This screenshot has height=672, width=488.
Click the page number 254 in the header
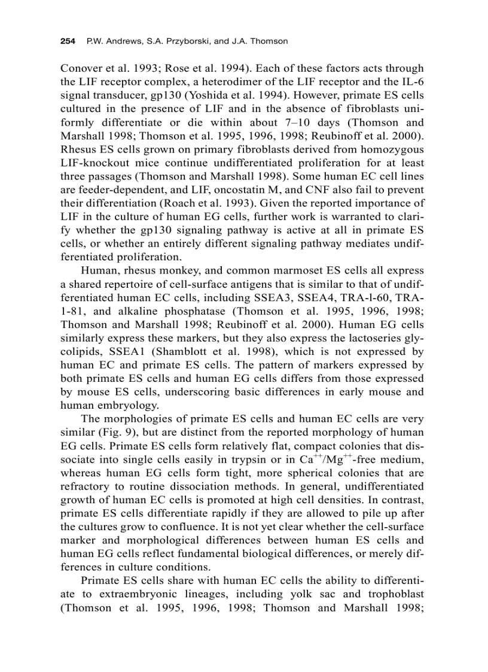67,41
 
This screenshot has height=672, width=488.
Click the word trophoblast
392,595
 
